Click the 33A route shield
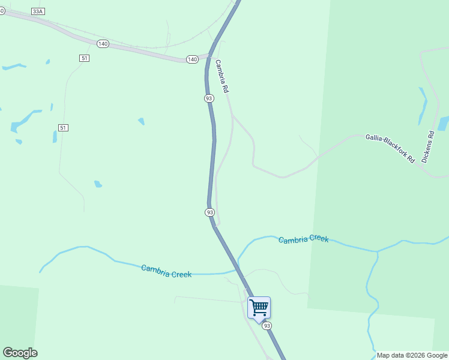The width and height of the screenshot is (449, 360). click(38, 11)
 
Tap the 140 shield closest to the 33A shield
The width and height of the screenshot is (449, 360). click(103, 44)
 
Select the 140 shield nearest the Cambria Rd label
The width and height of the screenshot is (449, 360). click(192, 59)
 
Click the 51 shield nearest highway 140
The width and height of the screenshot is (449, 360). click(83, 57)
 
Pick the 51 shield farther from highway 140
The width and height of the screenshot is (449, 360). click(63, 127)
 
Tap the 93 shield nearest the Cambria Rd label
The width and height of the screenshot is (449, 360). click(209, 98)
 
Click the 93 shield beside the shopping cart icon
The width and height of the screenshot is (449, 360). click(267, 325)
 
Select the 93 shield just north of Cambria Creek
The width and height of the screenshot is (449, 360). click(209, 212)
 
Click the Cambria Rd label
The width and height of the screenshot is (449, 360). click(222, 76)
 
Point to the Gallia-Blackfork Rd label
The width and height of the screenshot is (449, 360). click(390, 149)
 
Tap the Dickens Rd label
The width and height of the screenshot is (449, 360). click(427, 147)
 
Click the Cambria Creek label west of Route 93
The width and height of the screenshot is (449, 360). click(166, 271)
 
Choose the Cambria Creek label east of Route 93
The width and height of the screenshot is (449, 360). click(303, 239)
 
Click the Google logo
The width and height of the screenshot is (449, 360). click(20, 353)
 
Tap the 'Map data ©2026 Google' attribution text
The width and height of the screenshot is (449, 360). click(412, 355)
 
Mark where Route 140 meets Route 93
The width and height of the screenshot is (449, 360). click(210, 56)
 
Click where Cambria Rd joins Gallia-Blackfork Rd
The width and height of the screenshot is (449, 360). click(233, 115)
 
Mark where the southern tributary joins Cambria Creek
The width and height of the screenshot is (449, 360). click(378, 251)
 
